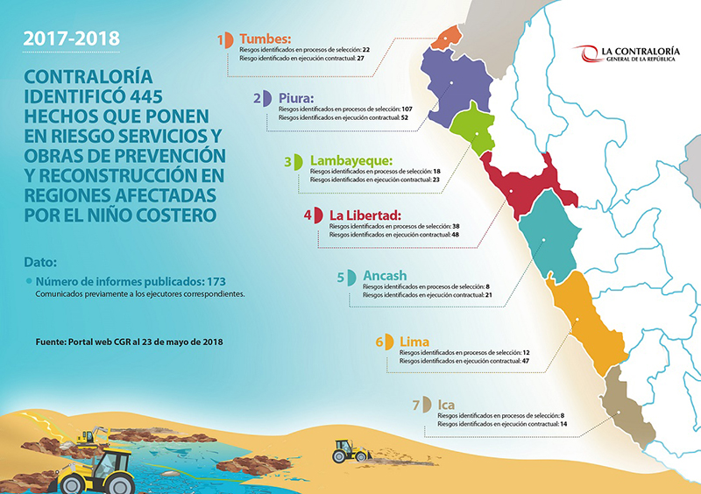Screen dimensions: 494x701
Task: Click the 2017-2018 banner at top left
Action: (71, 39)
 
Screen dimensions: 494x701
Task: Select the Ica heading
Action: (447, 404)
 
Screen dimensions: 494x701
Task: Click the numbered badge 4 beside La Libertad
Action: (310, 215)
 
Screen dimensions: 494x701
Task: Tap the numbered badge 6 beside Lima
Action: (383, 342)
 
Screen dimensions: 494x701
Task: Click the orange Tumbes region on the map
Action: (448, 37)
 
